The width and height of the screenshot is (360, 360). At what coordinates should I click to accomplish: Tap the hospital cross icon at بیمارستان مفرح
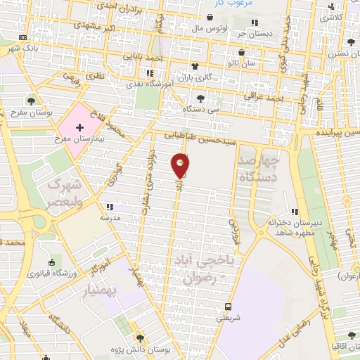pyautogui.click(x=79, y=127)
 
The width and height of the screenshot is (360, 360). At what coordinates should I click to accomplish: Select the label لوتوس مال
pyautogui.click(x=207, y=28)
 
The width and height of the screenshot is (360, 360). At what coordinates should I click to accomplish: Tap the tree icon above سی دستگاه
pyautogui.click(x=202, y=98)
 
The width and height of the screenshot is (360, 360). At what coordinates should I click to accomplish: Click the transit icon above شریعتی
pyautogui.click(x=228, y=306)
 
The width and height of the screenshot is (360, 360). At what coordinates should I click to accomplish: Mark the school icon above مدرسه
pyautogui.click(x=110, y=207)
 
